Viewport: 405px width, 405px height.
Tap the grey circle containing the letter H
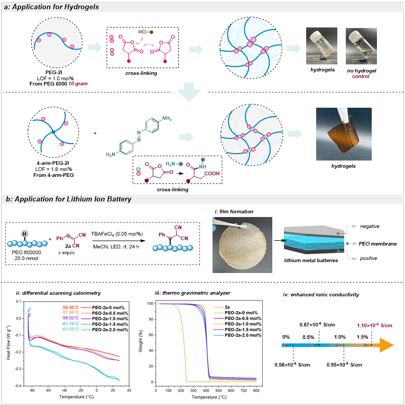pos(23,222)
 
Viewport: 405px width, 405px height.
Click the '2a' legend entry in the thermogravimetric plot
pos(228,306)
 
